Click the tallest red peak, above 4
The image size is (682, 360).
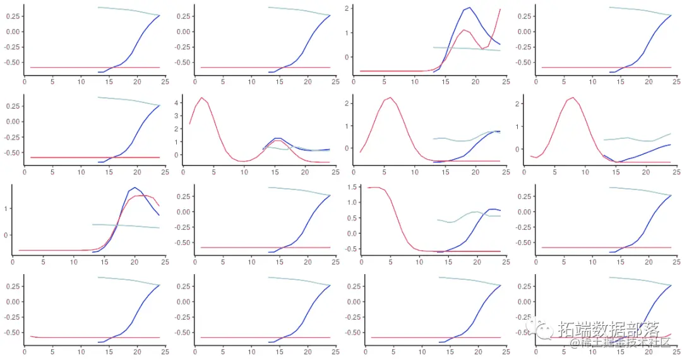tap(201, 98)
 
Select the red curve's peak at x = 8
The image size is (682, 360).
tap(572, 98)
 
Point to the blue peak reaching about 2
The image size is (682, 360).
tap(469, 8)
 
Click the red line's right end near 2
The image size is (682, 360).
tap(500, 9)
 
